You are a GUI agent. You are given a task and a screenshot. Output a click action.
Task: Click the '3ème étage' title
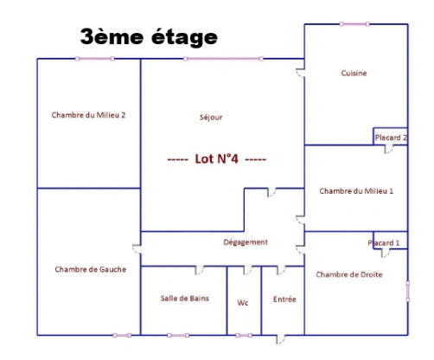click(149, 37)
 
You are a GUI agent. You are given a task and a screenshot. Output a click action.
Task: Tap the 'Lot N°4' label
click(217, 158)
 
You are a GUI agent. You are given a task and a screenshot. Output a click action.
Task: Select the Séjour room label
click(211, 117)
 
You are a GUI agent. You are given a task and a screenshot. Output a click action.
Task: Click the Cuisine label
click(354, 73)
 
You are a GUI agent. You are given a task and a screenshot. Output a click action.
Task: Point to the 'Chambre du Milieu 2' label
click(88, 115)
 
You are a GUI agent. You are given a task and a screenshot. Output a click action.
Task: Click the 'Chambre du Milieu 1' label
click(356, 191)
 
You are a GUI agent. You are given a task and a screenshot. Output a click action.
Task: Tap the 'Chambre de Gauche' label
click(91, 269)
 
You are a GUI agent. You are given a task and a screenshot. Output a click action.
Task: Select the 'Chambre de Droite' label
click(349, 274)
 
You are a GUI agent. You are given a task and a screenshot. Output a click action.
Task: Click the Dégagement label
click(246, 242)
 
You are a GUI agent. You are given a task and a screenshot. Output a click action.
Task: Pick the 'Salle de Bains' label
click(185, 299)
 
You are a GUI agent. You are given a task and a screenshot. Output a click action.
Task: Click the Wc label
click(243, 303)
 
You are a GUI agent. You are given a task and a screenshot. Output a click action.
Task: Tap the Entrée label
click(284, 299)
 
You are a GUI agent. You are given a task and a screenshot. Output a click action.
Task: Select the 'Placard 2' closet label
click(391, 138)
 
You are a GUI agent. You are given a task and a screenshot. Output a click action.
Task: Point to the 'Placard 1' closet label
click(384, 243)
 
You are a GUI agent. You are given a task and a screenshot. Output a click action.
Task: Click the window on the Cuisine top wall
click(354, 24)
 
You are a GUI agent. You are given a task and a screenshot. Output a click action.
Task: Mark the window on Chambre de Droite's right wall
click(408, 292)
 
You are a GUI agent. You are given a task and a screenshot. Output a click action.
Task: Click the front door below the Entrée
click(281, 339)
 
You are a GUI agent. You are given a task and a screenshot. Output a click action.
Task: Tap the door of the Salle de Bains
click(200, 270)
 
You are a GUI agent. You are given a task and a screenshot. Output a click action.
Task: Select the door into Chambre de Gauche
click(137, 249)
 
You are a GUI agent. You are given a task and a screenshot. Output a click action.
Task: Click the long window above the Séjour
click(223, 59)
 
